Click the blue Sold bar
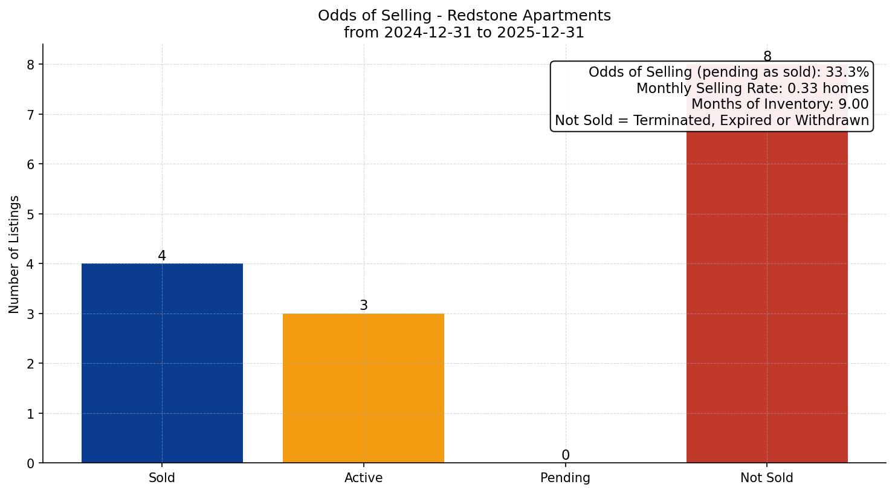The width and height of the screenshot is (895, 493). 162,362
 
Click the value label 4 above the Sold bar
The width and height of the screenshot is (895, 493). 162,256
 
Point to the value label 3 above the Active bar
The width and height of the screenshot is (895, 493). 363,306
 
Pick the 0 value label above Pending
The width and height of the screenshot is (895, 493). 565,456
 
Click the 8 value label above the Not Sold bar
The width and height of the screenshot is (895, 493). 767,57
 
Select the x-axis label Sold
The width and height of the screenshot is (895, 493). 162,478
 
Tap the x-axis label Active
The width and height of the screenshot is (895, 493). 363,478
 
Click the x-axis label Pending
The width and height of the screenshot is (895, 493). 565,478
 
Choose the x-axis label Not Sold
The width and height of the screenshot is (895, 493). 766,478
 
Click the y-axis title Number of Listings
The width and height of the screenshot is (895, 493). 15,254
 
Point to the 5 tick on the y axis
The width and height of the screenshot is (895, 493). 31,214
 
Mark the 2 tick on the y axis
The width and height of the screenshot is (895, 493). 31,364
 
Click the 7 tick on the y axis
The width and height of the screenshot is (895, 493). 31,115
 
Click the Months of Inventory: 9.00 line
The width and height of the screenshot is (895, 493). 780,105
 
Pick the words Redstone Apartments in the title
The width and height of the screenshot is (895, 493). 529,16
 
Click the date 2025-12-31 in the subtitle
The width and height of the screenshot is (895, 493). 540,33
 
